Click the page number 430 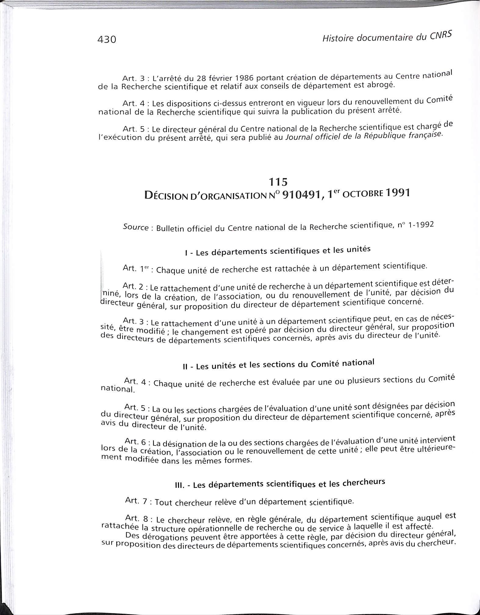coord(107,40)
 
